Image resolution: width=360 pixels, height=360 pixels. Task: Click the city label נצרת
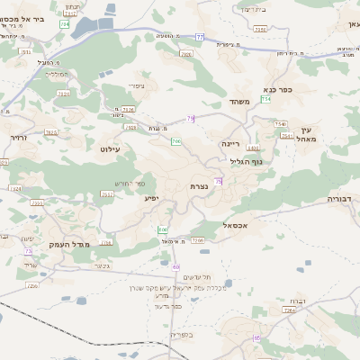click(200, 185)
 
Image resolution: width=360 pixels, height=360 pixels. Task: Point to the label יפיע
click(151, 196)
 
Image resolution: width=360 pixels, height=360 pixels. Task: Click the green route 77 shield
click(199, 37)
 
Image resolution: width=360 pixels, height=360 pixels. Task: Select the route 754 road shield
click(266, 101)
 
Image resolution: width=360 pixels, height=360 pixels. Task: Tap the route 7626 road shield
click(187, 55)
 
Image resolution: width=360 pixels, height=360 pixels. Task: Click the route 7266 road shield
click(198, 240)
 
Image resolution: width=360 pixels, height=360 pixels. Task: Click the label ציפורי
click(136, 86)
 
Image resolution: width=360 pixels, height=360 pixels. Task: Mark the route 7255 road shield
click(50, 132)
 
